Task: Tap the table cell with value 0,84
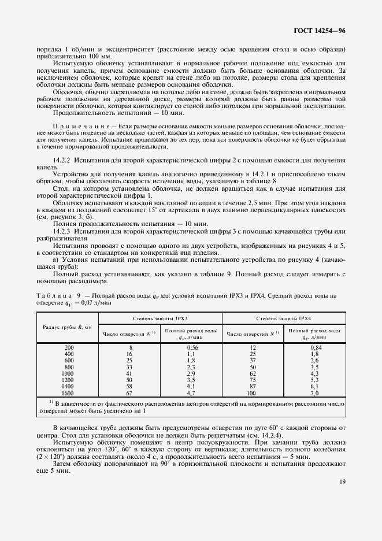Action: pos(315,347)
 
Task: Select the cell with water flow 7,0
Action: pos(315,392)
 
